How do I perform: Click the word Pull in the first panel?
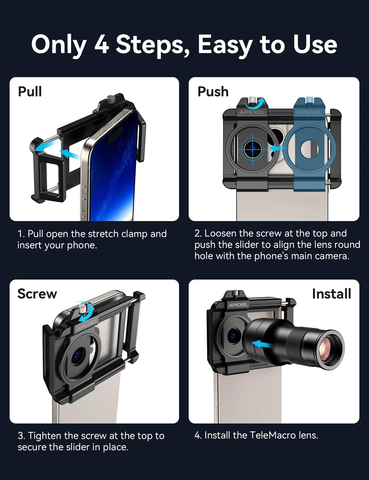pos(30,91)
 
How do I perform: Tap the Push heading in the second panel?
pos(213,92)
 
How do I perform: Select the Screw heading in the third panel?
pos(37,294)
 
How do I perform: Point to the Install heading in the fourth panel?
pos(332,294)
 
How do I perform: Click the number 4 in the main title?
pos(102,45)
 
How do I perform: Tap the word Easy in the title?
pos(225,46)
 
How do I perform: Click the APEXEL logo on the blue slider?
pos(309,112)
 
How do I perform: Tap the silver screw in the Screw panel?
pos(82,309)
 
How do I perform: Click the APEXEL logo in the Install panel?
pos(238,305)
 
